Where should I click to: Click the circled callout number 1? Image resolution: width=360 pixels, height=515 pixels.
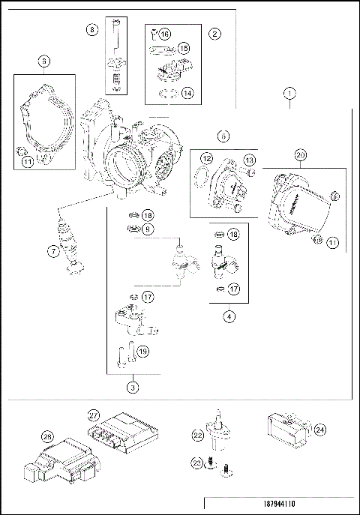pos(290,94)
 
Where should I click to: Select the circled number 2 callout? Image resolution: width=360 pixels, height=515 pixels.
pos(215,34)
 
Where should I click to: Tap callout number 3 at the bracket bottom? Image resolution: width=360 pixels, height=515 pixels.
pos(132,388)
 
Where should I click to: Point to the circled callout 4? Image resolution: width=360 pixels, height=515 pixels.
pos(228,316)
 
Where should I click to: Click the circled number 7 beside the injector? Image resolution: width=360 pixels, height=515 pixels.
pos(52,252)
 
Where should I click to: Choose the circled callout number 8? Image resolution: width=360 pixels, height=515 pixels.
pos(91,31)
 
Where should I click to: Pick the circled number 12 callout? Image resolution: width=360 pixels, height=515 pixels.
pos(206,159)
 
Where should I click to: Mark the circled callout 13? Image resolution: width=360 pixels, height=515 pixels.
pos(249,160)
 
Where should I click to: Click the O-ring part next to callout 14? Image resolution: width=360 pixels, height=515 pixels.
pos(169,94)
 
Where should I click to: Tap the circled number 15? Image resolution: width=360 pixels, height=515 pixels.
pos(184,48)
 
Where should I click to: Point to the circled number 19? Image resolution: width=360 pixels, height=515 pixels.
pos(143,349)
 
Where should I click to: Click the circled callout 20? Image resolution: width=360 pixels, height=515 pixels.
pos(300,155)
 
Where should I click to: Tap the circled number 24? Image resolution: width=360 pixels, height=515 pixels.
pos(319,430)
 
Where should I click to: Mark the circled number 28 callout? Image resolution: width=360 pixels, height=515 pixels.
pos(46,436)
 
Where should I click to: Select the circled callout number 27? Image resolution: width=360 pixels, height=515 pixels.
pos(94,414)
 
